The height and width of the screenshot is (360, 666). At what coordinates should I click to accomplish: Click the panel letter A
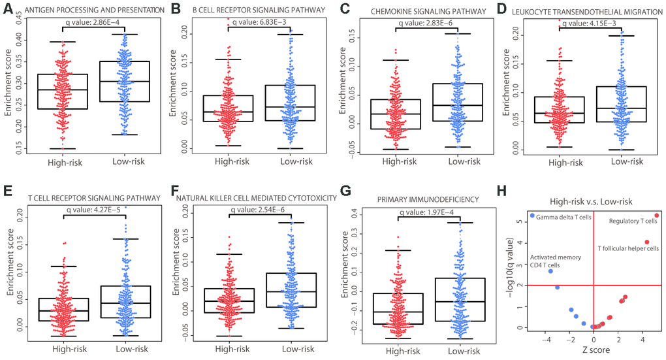tap(8, 8)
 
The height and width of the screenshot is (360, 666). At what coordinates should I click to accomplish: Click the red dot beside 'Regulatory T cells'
tap(657, 215)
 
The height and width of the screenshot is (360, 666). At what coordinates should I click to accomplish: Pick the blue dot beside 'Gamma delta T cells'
tap(532, 215)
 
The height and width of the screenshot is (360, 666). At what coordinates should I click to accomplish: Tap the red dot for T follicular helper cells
tap(646, 242)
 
